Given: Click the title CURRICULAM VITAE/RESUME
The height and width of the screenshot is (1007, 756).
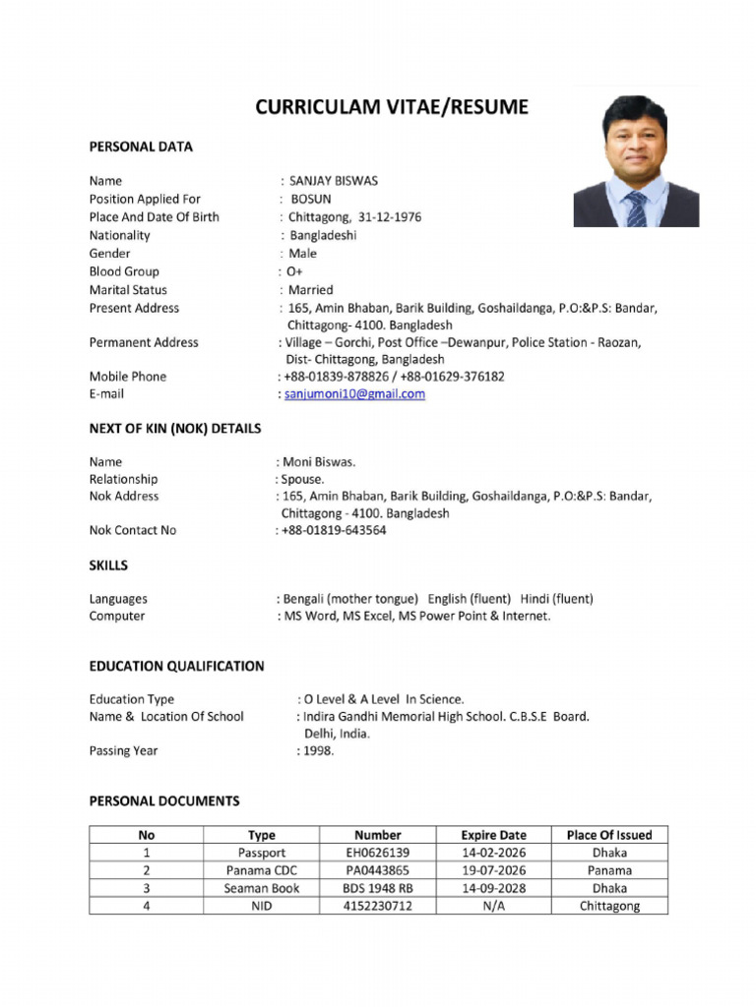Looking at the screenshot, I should (x=392, y=107).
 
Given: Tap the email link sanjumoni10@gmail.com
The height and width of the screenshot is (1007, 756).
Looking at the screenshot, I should (x=355, y=394).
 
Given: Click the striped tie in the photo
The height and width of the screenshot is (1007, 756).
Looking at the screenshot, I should (x=637, y=208).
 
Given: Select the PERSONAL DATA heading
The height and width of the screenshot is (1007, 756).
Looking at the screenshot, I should (x=141, y=147).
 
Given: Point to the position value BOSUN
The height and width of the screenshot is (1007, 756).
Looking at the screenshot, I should (x=311, y=199).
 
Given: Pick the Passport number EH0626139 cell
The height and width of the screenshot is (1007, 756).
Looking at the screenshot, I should (x=378, y=853).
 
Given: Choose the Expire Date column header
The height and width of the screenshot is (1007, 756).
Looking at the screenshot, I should (x=493, y=835).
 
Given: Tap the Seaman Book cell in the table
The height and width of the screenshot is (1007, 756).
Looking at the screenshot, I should (x=262, y=888).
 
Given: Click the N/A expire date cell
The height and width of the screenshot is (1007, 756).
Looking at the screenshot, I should (x=493, y=906).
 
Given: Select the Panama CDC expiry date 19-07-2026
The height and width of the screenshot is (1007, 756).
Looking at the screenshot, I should (x=493, y=870).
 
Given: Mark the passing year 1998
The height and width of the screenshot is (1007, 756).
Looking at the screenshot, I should (x=318, y=750).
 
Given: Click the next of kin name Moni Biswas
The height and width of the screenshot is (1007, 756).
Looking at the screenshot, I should (x=319, y=461).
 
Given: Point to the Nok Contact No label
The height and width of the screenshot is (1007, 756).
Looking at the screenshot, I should (x=133, y=530).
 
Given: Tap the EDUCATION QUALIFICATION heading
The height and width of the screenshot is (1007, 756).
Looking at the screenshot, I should (x=176, y=666).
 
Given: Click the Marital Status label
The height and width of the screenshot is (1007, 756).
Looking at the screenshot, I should (x=128, y=290).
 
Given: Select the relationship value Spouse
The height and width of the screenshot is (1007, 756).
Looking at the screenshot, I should (x=303, y=479).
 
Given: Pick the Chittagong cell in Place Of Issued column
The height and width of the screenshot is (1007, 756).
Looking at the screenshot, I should (x=609, y=906).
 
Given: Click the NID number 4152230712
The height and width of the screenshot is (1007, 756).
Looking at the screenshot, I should (x=378, y=906).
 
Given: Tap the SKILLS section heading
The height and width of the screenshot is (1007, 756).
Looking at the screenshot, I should (x=108, y=565).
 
